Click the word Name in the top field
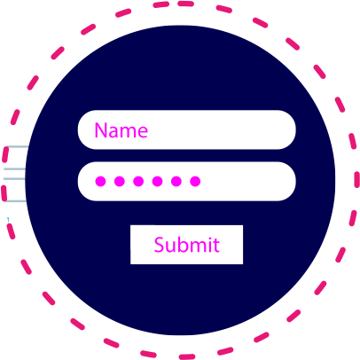coord(121,130)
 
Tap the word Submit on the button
coord(187,245)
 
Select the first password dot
coord(100,181)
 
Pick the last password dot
coord(195,181)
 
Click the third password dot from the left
coord(138,181)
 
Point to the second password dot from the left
coord(120,181)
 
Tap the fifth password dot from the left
coord(176,181)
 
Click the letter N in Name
coord(100,130)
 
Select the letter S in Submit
coord(159,245)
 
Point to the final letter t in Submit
coord(216,246)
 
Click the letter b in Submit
coord(182,245)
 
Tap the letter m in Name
coord(128,132)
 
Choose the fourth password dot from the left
coord(157,181)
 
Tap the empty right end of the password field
coord(251,181)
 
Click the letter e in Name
coord(143,132)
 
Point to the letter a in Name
coord(113,132)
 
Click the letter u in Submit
coord(170,247)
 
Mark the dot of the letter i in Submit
coord(209,238)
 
